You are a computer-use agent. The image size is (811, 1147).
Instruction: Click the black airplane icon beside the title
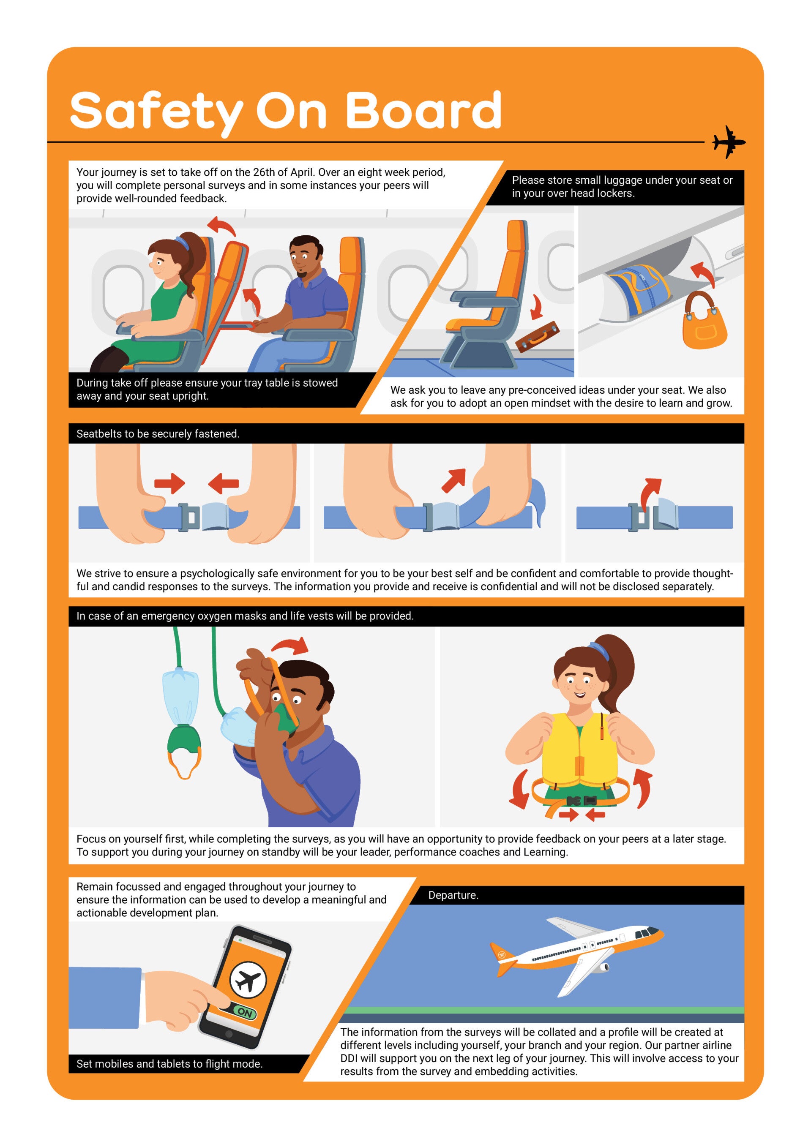coord(729,142)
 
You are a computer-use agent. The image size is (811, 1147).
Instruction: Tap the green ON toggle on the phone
coord(244,1013)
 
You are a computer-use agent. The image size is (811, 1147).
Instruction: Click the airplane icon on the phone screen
coord(248,981)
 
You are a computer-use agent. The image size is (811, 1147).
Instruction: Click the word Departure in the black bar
coord(452,895)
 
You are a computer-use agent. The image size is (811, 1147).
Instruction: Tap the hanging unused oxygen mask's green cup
coord(184,737)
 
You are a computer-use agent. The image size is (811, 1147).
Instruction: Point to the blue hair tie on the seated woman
coord(181,243)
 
